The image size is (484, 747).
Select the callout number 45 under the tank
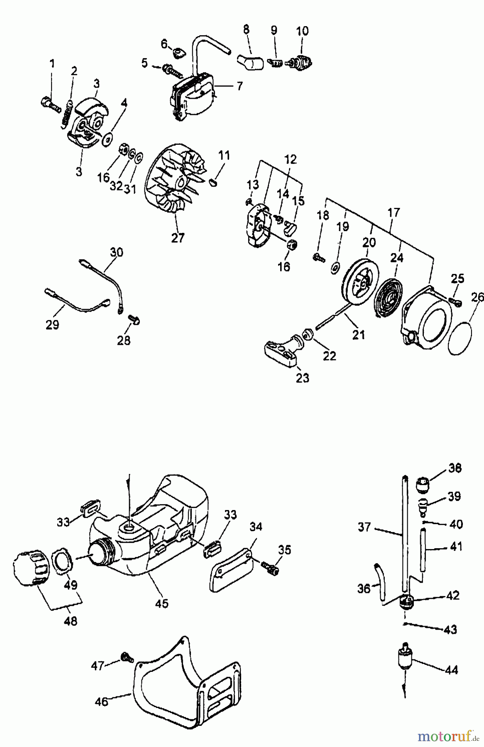tap(162, 603)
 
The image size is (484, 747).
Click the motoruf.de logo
tap(447, 737)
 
